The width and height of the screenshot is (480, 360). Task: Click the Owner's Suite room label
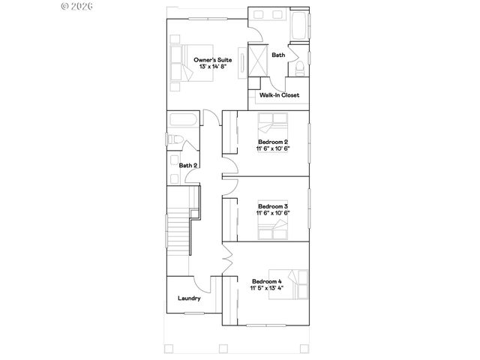click(x=213, y=59)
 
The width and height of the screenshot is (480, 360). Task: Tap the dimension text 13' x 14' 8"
click(x=213, y=67)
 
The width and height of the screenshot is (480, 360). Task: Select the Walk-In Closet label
click(x=279, y=95)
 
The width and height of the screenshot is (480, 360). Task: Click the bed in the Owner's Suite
click(x=182, y=62)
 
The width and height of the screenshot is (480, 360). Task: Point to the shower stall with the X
click(x=259, y=60)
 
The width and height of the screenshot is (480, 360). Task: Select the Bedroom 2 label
click(x=273, y=142)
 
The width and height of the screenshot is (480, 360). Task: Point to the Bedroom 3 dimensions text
click(x=273, y=213)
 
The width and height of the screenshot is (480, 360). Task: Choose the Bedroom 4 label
click(x=266, y=281)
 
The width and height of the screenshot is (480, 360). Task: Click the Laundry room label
click(x=189, y=298)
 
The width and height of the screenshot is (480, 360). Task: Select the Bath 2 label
click(x=187, y=165)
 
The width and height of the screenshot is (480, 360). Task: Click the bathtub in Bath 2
click(x=183, y=121)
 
